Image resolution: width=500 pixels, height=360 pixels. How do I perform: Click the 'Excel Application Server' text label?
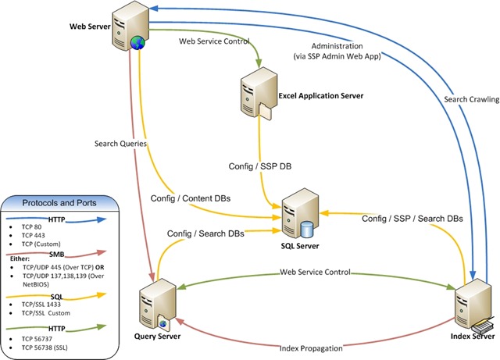[321, 96]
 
